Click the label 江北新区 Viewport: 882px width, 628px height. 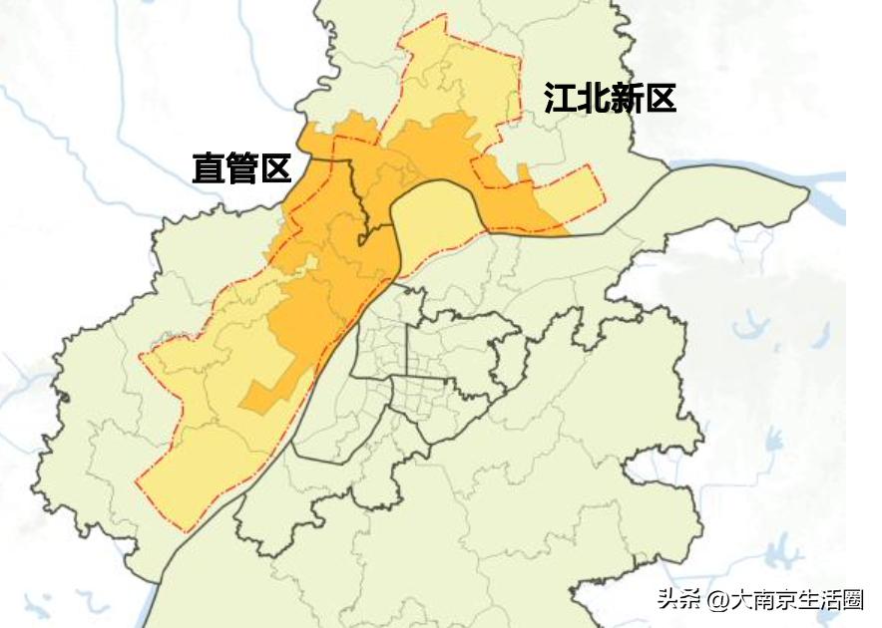[x=610, y=99]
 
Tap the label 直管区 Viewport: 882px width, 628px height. [x=241, y=168]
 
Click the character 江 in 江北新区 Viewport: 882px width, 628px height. [x=560, y=99]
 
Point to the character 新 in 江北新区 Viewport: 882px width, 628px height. [x=626, y=99]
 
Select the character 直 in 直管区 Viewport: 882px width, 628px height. [x=209, y=168]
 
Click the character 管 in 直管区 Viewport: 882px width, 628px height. [x=241, y=168]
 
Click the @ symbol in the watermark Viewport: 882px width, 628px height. [x=717, y=600]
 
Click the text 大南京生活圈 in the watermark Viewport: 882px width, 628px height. [x=796, y=600]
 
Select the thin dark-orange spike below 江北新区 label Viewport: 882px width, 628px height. [x=525, y=174]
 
